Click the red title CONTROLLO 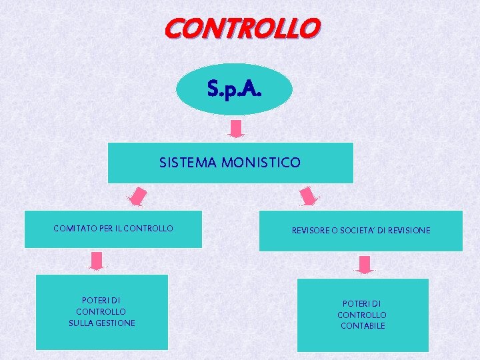(242, 29)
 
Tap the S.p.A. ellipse (234, 89)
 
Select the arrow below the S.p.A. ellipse (237, 128)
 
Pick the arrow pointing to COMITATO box (137, 197)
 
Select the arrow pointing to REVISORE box (309, 197)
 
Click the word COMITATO (74, 229)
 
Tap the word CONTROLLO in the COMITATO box (149, 229)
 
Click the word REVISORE (312, 231)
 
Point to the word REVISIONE (409, 231)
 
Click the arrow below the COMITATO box (97, 261)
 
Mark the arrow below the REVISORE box (364, 265)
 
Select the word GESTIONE (116, 323)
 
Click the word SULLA (82, 323)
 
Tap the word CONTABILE (363, 326)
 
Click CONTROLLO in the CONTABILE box (362, 315)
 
